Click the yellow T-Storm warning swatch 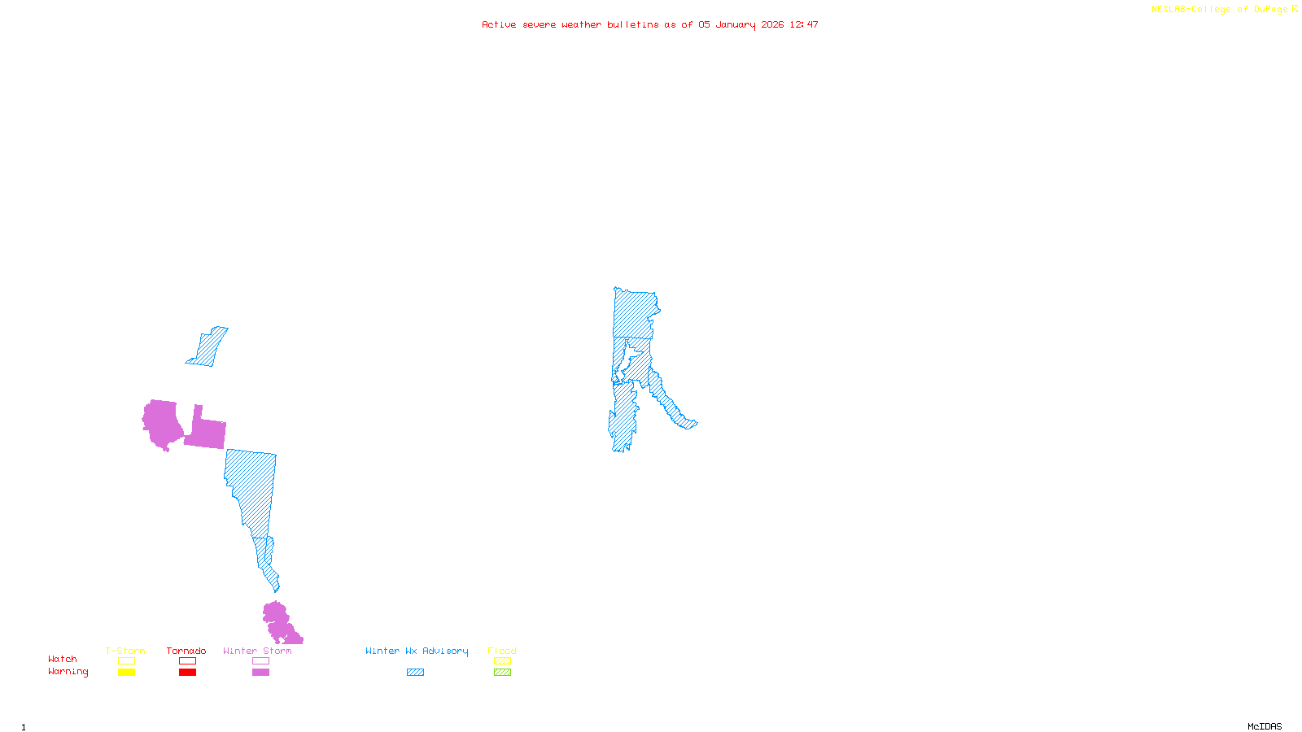click(x=126, y=673)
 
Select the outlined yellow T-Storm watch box click(x=126, y=661)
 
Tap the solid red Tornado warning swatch click(x=187, y=673)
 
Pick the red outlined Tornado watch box click(x=187, y=661)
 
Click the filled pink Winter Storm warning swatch click(x=260, y=673)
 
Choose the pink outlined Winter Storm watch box click(x=260, y=661)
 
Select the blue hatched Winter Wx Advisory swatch click(x=415, y=673)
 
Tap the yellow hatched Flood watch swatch click(x=502, y=661)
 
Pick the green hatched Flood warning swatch click(x=502, y=673)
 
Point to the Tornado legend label click(x=186, y=651)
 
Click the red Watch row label click(x=63, y=659)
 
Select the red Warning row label click(x=68, y=672)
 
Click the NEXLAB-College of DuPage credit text click(x=1224, y=10)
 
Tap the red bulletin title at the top click(x=649, y=24)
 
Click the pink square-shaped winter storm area click(x=207, y=432)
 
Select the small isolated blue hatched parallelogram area click(x=208, y=347)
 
